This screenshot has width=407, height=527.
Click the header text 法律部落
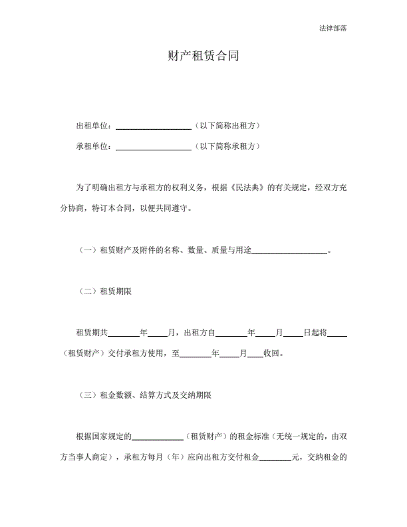coord(333,28)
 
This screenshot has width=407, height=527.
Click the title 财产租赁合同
coord(203,57)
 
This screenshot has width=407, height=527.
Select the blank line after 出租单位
coord(154,126)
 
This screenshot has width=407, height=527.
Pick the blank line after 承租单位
coord(154,147)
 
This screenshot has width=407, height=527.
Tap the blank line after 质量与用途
coord(290,251)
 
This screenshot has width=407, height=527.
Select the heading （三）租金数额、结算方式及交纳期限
coord(144,395)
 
